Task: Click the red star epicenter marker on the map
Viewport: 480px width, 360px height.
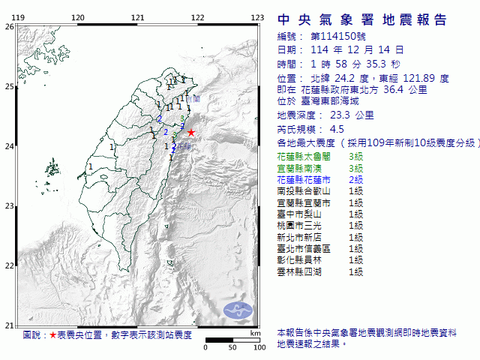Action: coord(190,132)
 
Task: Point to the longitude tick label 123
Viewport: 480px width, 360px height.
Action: coord(256,17)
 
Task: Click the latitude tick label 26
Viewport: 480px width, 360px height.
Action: coord(10,27)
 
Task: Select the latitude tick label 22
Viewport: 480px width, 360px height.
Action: coord(10,265)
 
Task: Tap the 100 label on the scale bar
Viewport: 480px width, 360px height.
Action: coord(259,347)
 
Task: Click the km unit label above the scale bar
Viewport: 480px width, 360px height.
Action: coord(256,332)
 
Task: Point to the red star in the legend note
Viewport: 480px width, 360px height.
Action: coord(52,335)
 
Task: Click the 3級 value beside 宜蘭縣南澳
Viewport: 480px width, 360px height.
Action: coord(355,168)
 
